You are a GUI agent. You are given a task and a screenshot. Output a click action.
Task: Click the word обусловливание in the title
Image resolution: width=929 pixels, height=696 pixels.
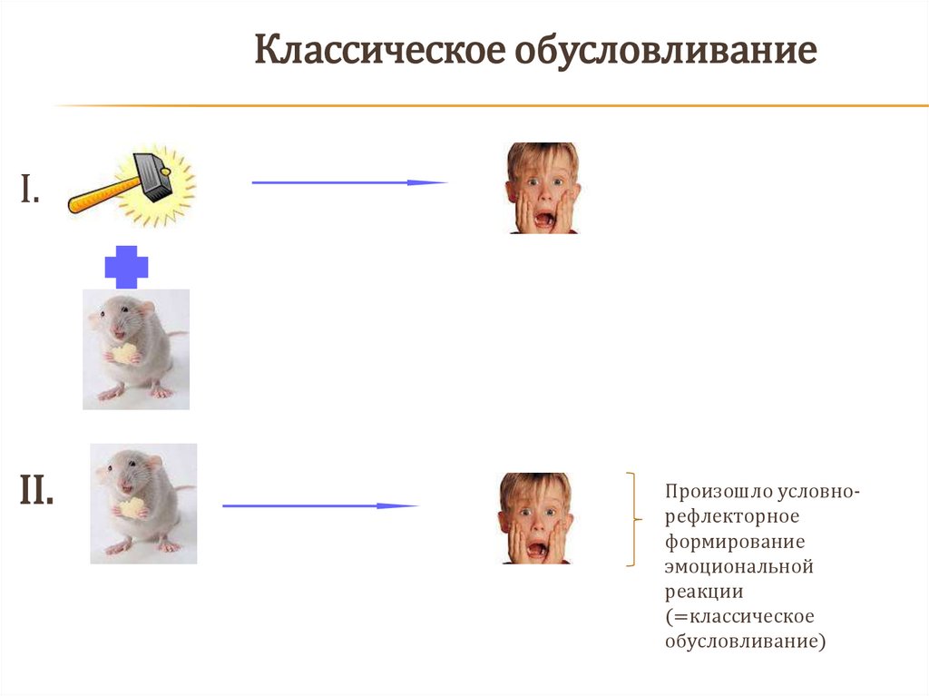pos(667,52)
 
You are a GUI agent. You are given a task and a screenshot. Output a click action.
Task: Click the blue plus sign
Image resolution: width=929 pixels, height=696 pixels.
pos(126,267)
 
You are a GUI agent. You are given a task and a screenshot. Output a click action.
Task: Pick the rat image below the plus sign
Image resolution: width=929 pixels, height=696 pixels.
pos(135,348)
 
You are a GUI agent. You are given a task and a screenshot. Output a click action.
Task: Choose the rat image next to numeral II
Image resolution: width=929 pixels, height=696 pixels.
pos(142,503)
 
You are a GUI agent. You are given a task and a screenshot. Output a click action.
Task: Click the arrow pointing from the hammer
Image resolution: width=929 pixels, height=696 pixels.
pos(349,182)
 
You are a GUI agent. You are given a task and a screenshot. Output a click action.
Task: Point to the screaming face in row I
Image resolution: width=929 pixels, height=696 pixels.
pos(543,188)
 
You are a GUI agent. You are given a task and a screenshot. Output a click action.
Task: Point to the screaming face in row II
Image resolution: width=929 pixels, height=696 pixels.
pos(535,518)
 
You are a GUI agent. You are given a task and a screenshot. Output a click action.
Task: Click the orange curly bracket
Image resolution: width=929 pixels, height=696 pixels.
pos(631,519)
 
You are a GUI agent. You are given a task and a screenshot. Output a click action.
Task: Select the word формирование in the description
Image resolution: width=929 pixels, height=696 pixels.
pos(722,542)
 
